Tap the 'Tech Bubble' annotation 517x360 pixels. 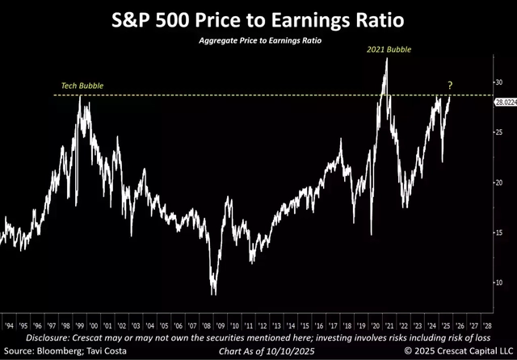click(x=80, y=86)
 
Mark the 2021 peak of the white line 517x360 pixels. click(x=387, y=58)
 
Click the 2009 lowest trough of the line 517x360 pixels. click(x=213, y=294)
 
